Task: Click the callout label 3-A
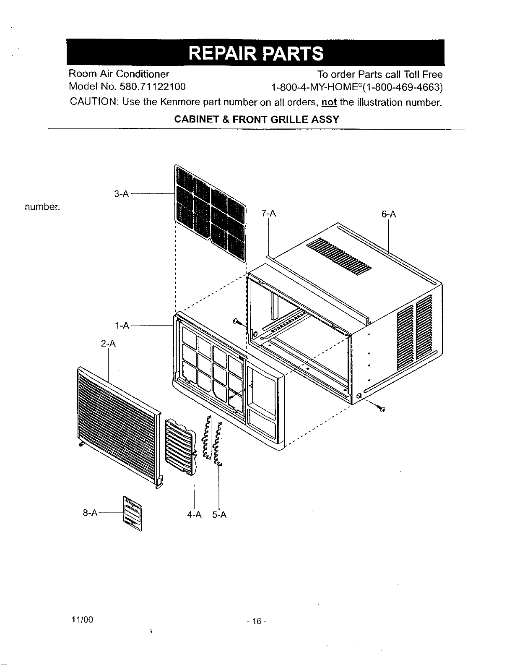(122, 194)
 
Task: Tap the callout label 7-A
(268, 213)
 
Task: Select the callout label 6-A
(388, 214)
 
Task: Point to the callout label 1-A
(122, 326)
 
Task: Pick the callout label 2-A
(108, 344)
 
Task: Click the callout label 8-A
(90, 513)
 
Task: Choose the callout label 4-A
(194, 515)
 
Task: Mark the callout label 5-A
(219, 515)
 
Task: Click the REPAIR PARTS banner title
(256, 53)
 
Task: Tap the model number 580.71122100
(153, 86)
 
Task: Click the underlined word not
(329, 102)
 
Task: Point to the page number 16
(257, 621)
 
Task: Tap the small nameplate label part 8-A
(133, 514)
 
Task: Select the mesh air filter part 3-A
(210, 213)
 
